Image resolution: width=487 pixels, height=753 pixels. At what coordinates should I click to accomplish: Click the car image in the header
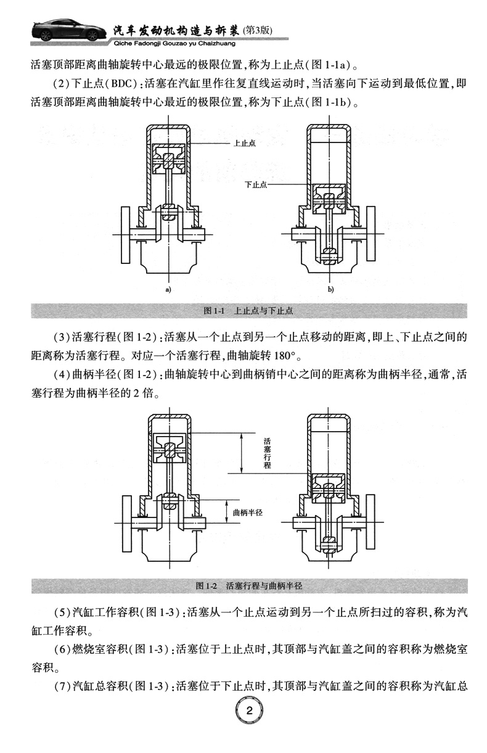[59, 28]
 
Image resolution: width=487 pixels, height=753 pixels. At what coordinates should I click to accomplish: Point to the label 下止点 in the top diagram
[255, 184]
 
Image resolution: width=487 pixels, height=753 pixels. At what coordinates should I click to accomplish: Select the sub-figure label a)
[167, 289]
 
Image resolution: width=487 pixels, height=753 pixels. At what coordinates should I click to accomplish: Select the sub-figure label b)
[330, 289]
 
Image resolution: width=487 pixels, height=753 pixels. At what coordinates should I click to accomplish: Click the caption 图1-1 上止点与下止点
[248, 310]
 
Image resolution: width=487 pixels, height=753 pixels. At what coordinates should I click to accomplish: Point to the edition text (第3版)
[258, 29]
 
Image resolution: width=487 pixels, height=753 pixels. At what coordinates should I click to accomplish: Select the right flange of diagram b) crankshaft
[372, 234]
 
